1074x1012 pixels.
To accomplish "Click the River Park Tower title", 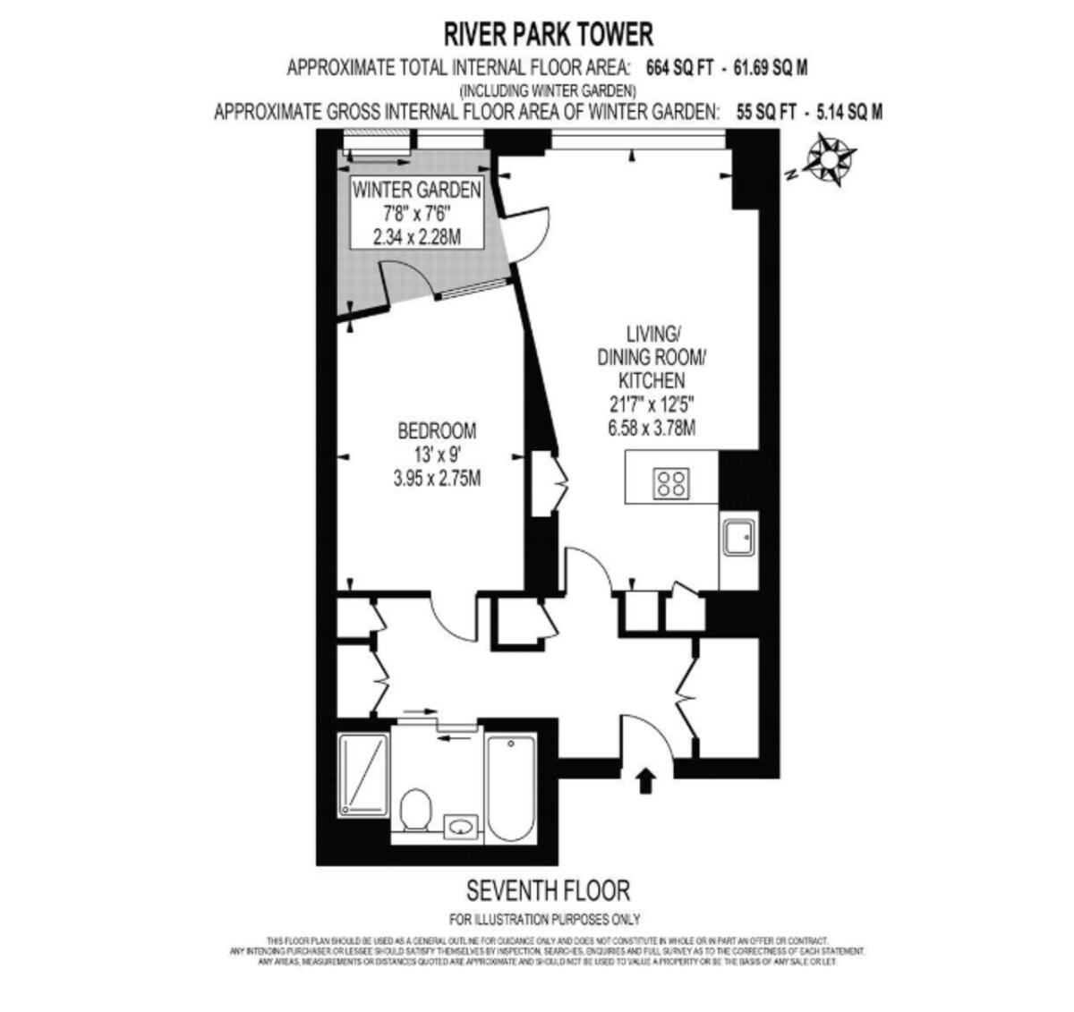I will point(549,34).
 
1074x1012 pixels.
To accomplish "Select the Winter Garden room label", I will point(416,190).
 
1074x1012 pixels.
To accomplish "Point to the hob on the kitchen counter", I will point(671,483).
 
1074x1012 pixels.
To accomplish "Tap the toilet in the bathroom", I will point(416,810).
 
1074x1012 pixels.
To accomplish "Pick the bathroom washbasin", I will point(463,825).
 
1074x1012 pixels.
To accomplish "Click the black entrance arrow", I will point(645,780).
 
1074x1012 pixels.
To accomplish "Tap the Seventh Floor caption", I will point(549,890).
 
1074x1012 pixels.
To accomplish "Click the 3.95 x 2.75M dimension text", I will point(437,479).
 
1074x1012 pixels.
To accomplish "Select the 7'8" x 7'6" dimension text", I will point(416,214).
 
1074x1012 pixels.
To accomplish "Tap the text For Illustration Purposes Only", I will point(544,919).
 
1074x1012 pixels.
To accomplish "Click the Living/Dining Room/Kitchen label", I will point(652,356).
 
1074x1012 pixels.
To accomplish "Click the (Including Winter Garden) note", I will point(548,90).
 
